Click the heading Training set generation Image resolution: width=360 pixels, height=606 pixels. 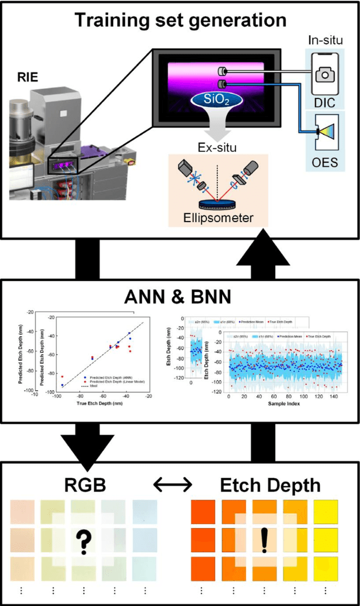click(181, 20)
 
